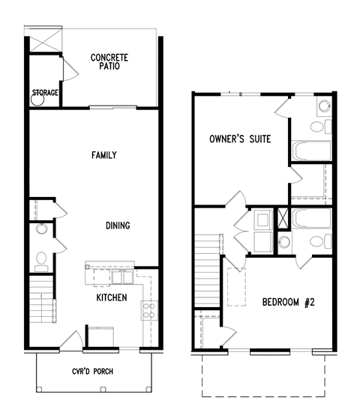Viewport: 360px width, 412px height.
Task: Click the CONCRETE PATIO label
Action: [109, 61]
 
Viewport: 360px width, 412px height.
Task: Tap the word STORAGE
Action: [44, 94]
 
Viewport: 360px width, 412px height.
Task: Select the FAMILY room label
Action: [103, 156]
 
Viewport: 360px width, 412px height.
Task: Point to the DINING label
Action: [118, 225]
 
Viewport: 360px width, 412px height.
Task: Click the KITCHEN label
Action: [111, 297]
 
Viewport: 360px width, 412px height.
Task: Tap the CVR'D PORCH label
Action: [93, 372]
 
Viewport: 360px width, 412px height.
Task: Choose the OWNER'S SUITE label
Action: [240, 139]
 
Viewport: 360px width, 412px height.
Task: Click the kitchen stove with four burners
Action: [148, 310]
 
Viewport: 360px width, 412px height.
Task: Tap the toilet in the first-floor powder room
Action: [41, 260]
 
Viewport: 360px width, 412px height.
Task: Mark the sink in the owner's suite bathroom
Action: [324, 106]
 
